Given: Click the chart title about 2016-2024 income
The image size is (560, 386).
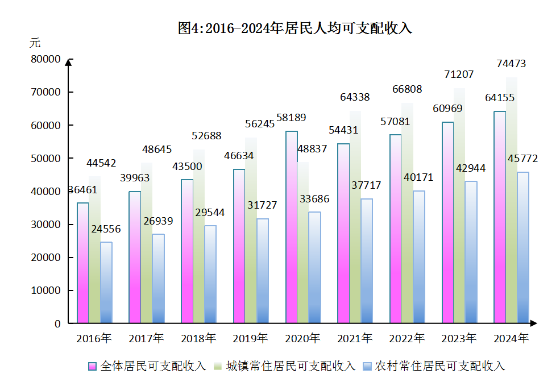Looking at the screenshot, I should tap(294, 28).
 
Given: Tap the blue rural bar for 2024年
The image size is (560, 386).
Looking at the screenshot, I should tap(523, 250).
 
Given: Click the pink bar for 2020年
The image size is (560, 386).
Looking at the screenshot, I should tap(291, 227).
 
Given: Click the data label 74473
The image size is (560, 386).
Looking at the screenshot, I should tap(511, 64).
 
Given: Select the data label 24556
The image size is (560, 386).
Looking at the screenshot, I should tap(106, 229).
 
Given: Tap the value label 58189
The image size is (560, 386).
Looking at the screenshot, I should tap(291, 118).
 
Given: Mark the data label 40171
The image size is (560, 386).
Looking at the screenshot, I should tap(418, 177).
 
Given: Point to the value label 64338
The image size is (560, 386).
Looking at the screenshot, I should tap(355, 97).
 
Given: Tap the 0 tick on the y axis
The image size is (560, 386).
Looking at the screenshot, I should tap(57, 323).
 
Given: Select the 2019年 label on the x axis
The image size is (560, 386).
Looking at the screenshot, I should tap(250, 339).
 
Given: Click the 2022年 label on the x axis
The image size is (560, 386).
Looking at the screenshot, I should tap(406, 339).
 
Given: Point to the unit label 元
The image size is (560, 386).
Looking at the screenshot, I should tap(35, 43).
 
